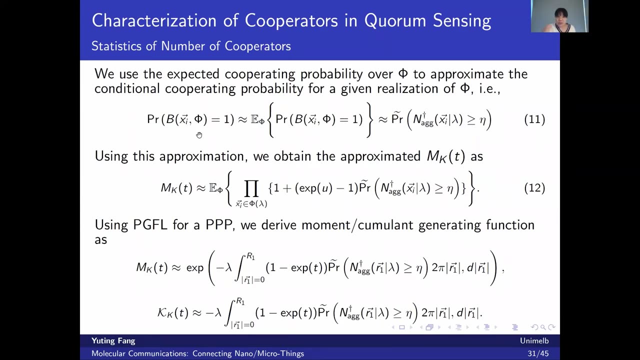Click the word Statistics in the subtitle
(116, 46)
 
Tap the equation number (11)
(534, 119)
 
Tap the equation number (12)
(534, 187)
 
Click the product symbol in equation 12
(251, 188)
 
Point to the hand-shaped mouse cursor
(199, 135)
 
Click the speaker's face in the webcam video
(560, 17)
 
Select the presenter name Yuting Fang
(113, 341)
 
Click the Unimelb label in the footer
(534, 340)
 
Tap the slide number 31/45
(538, 353)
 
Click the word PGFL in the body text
(150, 225)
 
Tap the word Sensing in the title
(462, 21)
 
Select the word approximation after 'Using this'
(202, 157)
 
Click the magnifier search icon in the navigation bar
(543, 327)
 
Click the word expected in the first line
(193, 74)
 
